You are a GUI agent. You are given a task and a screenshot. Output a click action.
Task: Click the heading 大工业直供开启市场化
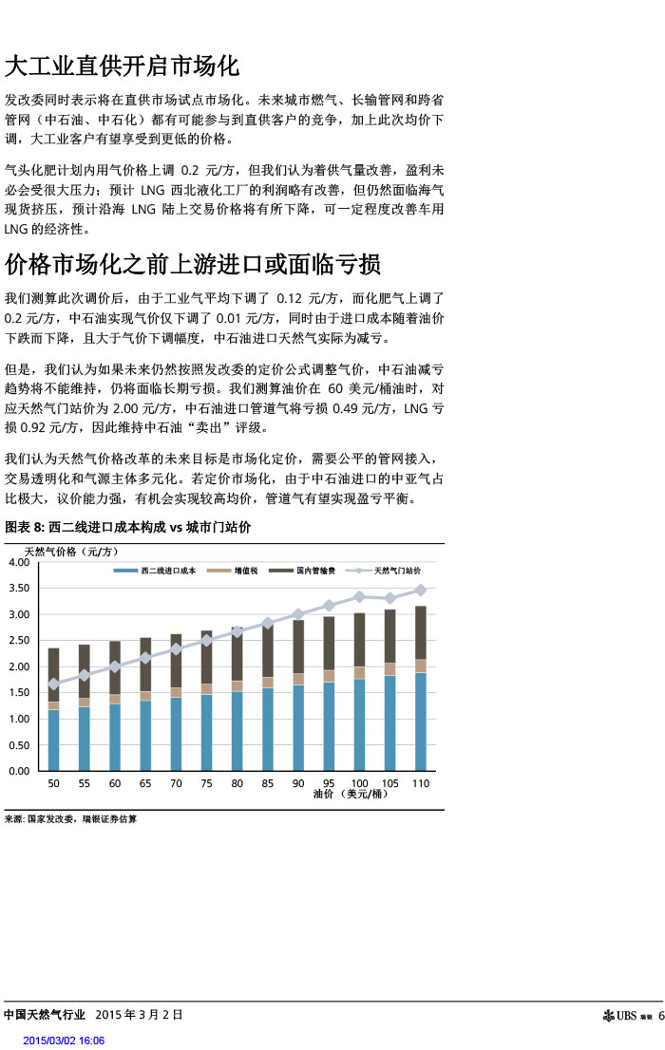(122, 66)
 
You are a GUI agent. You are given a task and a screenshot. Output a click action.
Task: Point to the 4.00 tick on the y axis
(18, 563)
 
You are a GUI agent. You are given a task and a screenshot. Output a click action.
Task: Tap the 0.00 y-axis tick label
(18, 771)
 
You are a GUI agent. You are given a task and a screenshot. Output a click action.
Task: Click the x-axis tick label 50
(54, 784)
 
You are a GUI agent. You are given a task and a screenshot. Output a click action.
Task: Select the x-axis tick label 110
(421, 784)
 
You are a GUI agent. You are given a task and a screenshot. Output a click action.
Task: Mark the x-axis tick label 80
(237, 784)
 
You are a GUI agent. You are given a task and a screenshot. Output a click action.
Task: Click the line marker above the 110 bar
(421, 590)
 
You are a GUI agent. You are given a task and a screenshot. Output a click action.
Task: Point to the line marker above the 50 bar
(54, 684)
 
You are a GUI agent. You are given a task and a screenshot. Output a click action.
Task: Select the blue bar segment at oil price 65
(145, 736)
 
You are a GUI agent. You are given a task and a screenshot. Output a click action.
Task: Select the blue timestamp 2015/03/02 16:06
(64, 1041)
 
